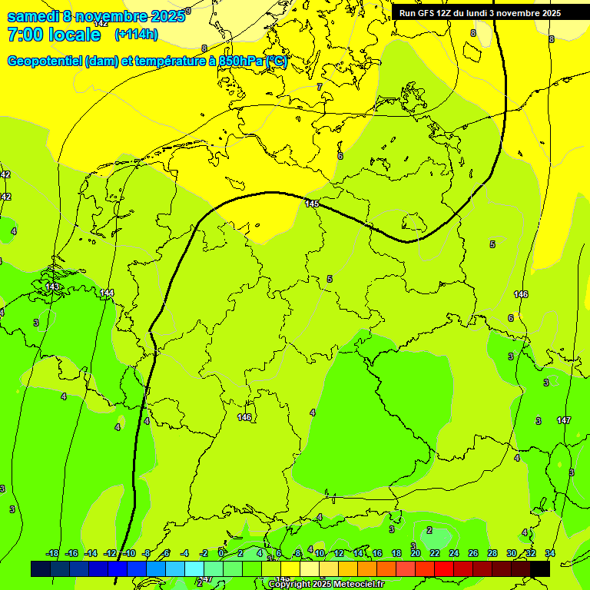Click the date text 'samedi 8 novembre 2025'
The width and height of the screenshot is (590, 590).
(x=95, y=16)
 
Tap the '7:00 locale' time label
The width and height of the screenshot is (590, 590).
(x=54, y=35)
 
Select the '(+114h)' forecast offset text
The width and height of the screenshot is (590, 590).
(x=136, y=35)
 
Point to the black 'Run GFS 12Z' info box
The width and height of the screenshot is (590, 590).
(x=479, y=12)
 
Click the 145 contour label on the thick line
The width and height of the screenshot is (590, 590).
(x=311, y=204)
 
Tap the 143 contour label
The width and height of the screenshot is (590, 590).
(x=52, y=287)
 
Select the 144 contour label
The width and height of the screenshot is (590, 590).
(x=107, y=293)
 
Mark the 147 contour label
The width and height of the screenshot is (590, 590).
(x=564, y=420)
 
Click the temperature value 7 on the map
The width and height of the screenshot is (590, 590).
(x=320, y=87)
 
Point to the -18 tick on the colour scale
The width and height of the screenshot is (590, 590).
(x=52, y=553)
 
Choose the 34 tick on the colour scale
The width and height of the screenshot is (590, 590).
(x=550, y=553)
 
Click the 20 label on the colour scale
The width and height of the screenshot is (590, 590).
(x=416, y=553)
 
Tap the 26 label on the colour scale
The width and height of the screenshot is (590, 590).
(x=473, y=553)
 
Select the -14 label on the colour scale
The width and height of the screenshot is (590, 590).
(x=91, y=553)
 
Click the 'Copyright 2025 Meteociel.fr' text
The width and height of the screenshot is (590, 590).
(x=326, y=585)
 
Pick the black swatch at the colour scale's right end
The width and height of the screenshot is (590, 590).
(x=540, y=568)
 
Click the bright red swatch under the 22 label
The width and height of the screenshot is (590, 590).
(x=444, y=568)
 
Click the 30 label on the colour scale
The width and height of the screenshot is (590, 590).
(x=512, y=553)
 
